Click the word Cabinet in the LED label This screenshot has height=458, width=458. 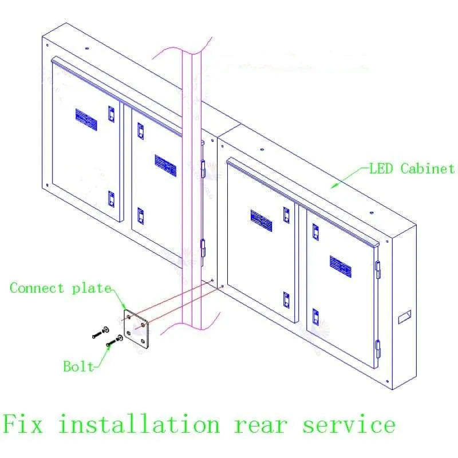pos(427,168)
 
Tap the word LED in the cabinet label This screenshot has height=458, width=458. pos(381,168)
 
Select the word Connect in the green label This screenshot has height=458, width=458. pos(37,288)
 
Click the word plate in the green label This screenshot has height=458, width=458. pos(92,289)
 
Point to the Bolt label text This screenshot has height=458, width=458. pos(78,366)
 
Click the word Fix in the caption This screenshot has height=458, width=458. pos(23,423)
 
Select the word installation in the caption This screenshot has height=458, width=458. pos(139,423)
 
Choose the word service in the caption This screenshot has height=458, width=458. pos(349,423)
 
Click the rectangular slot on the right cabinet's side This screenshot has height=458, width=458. pos(405,317)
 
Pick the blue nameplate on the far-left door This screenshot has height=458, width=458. pos(86,120)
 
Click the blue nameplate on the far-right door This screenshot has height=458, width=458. pos(341,267)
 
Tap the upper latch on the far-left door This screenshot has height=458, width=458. pos(111,114)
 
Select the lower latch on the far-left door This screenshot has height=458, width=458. pos(111,199)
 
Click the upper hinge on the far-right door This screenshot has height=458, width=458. pos(378,269)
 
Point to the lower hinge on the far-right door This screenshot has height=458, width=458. pos(378,349)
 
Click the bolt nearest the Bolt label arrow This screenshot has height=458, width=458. pos(114,341)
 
